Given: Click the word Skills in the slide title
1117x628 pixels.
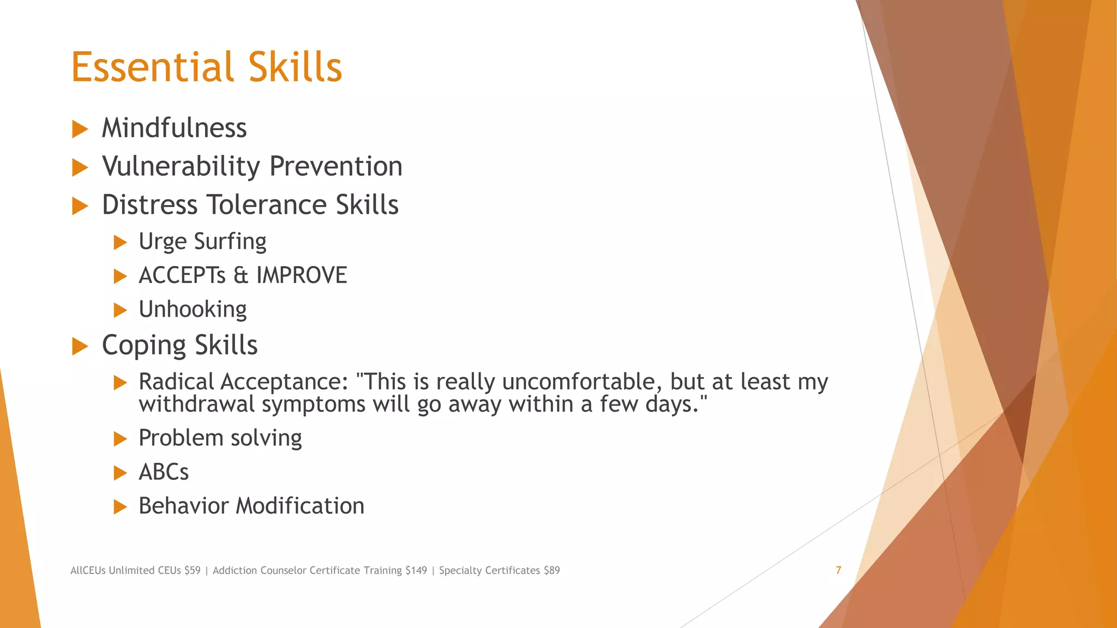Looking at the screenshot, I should tap(295, 67).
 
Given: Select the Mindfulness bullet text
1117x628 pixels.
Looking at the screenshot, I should tap(174, 128).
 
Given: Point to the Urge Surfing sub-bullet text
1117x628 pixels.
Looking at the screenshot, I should tap(202, 241).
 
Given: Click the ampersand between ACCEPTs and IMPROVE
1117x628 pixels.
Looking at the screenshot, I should tap(241, 275).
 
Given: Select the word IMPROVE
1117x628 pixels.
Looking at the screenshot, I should tap(302, 275).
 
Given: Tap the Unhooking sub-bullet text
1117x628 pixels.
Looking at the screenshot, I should tap(193, 310).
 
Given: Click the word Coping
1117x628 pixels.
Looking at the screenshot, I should tap(144, 346).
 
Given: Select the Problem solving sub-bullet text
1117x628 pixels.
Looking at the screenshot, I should tap(220, 438).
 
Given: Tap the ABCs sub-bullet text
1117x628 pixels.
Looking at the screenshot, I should tap(164, 472).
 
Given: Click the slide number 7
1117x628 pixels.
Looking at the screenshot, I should tap(838, 570).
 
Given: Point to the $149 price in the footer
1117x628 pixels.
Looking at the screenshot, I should tap(416, 570).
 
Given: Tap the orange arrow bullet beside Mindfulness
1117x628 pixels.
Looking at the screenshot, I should tap(80, 129).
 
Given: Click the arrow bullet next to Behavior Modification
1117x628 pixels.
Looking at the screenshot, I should tap(120, 507).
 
